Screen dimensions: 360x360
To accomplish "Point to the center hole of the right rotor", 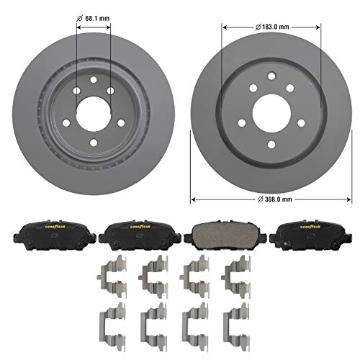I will click(x=269, y=109).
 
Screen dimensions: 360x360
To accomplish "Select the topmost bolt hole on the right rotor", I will click(x=269, y=78).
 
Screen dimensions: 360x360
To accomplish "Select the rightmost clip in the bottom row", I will click(x=234, y=320).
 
